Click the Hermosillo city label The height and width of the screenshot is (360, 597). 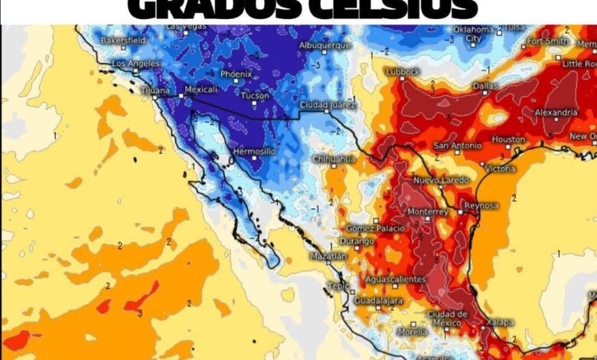[x=253, y=152]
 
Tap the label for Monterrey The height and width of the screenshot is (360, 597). [x=427, y=211]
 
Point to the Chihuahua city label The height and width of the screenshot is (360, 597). [x=334, y=159]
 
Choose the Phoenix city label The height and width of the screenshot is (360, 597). [x=236, y=74]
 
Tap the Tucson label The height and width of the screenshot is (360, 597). [x=254, y=95]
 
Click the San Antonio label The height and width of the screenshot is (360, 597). [x=458, y=146]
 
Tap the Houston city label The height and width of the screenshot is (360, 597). [x=508, y=139]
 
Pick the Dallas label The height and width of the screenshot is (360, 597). [x=484, y=86]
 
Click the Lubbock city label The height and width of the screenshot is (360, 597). [x=403, y=71]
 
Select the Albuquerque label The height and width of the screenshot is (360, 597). [x=325, y=45]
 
